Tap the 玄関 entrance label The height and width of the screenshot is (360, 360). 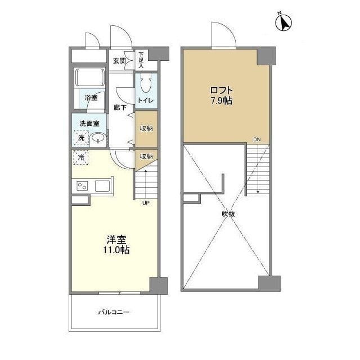click(119, 61)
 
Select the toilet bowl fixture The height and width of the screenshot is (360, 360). click(146, 84)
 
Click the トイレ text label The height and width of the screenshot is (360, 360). click(146, 100)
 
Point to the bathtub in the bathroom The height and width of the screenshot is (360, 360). click(90, 78)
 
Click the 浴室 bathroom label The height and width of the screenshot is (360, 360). click(91, 97)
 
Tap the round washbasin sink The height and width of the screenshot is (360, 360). click(98, 138)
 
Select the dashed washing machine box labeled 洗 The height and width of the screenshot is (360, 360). click(81, 138)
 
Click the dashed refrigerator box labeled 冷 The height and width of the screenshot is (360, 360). click(81, 157)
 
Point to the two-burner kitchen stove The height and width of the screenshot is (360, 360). click(82, 186)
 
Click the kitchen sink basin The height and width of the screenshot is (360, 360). click(102, 186)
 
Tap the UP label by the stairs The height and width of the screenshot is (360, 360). click(146, 202)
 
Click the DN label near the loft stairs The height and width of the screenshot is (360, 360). click(257, 139)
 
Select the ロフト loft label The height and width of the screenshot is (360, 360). click(222, 90)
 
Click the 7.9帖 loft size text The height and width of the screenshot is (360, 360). click(222, 101)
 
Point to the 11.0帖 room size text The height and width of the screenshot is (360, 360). click(116, 250)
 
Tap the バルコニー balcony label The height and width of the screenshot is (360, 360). click(114, 312)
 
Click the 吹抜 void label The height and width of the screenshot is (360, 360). click(228, 214)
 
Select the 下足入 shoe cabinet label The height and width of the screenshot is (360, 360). click(141, 60)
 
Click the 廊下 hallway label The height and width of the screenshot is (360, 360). click(120, 107)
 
